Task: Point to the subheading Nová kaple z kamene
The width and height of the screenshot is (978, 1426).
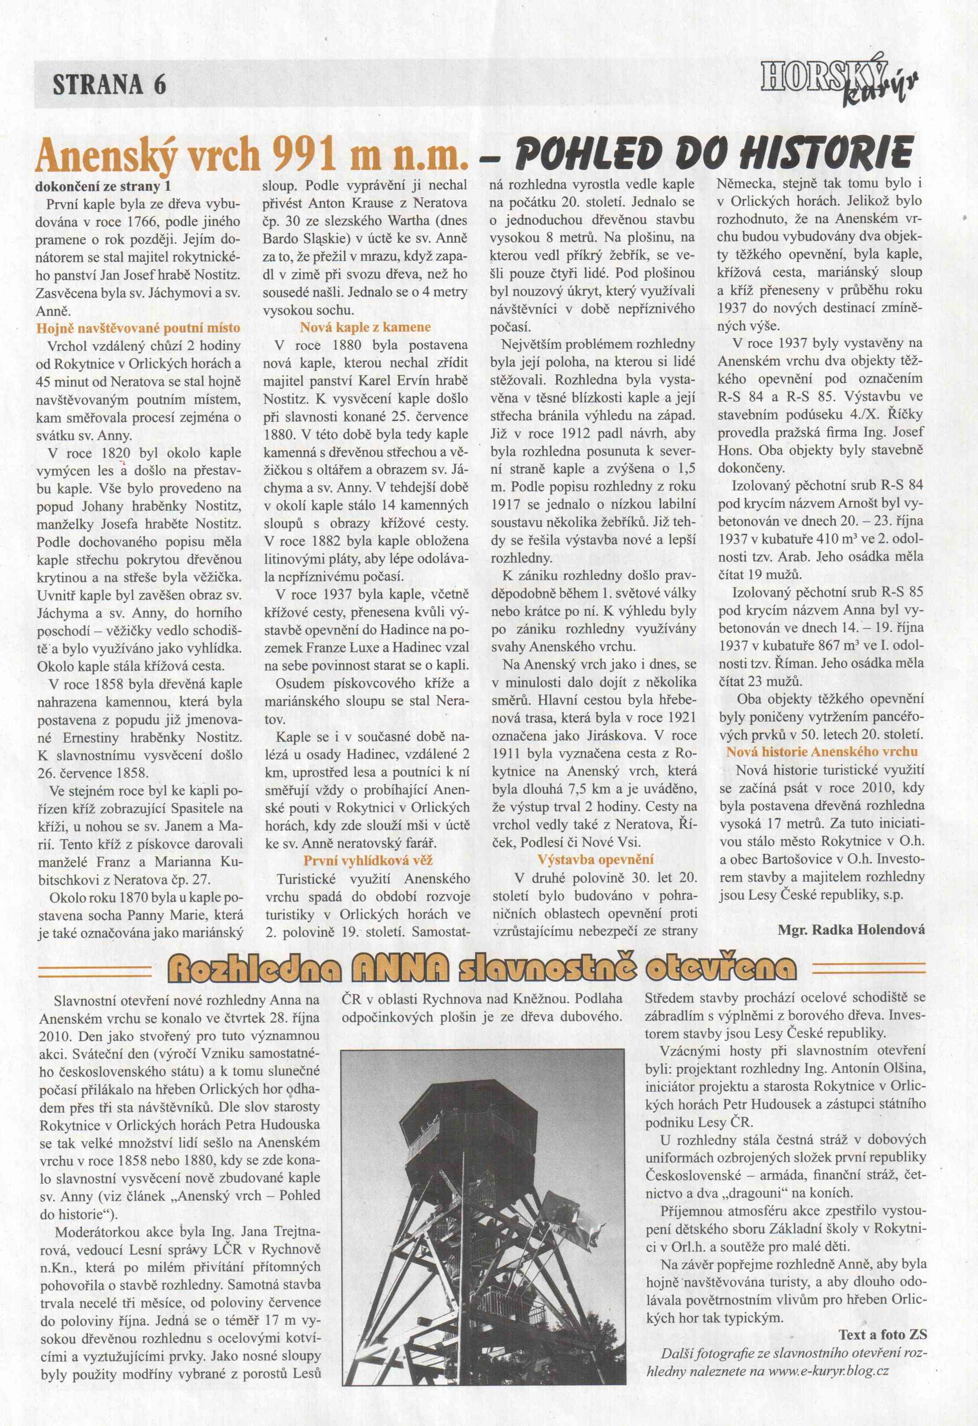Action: (x=365, y=328)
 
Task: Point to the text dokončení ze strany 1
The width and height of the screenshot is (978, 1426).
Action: (x=103, y=185)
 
